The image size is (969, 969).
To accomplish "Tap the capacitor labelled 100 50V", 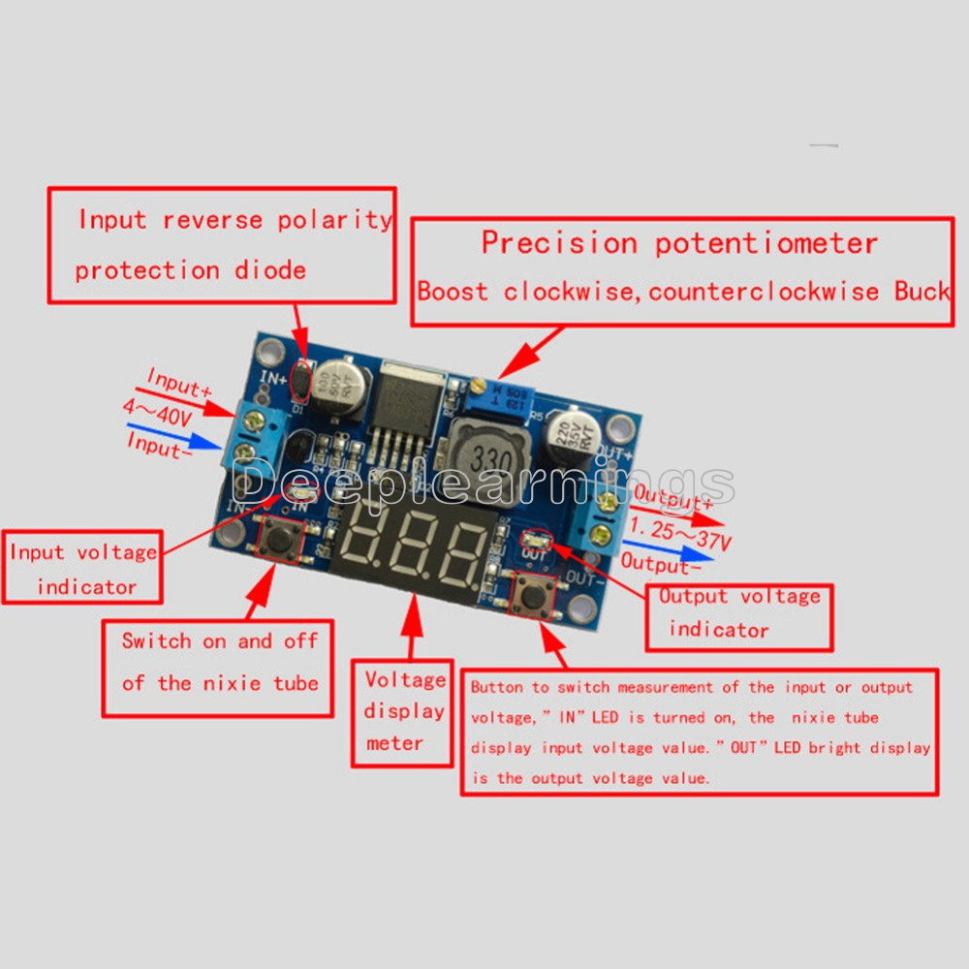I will (x=343, y=388).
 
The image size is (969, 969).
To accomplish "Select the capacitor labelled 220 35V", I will (x=568, y=438).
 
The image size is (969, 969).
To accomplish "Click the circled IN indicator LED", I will (x=300, y=496).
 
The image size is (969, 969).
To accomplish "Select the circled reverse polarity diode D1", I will (x=302, y=380).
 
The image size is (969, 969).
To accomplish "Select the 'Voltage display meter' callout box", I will (x=406, y=712).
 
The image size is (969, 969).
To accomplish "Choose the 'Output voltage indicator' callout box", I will (x=738, y=614).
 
